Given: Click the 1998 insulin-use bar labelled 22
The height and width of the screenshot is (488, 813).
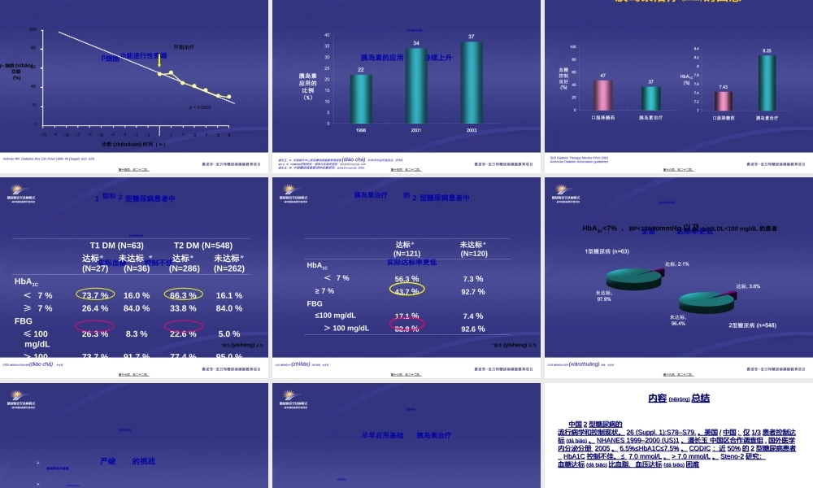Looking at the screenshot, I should (x=360, y=98).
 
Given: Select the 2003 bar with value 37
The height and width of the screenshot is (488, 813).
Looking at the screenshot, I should (x=472, y=82).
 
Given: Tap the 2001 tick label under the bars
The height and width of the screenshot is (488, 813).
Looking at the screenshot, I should (x=415, y=130).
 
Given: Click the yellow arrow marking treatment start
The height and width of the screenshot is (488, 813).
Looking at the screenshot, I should (x=160, y=61).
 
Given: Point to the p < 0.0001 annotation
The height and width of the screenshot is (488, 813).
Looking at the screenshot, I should (x=200, y=107).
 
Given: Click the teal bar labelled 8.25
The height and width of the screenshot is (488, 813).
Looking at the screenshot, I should (x=766, y=82).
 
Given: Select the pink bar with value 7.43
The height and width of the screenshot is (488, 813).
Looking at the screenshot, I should (x=723, y=100).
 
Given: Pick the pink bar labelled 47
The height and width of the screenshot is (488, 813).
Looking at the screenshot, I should (x=603, y=95).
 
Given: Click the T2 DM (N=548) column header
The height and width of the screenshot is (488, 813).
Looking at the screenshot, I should (x=203, y=245).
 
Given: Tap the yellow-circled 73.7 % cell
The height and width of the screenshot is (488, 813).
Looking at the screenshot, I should (x=95, y=295).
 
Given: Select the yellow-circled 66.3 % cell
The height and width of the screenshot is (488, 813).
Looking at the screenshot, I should (x=183, y=295).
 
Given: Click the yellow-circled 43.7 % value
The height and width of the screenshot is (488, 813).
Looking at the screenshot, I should (x=406, y=291).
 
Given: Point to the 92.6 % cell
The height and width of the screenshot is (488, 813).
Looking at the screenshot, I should (x=472, y=329).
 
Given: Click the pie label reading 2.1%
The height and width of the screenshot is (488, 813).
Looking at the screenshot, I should (x=677, y=264).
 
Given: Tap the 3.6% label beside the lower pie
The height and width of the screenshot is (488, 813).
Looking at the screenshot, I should (x=748, y=286).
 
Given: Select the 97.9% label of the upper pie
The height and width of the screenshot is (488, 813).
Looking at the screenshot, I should (x=603, y=295).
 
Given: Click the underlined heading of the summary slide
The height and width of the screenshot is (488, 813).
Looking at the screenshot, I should (x=679, y=399).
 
